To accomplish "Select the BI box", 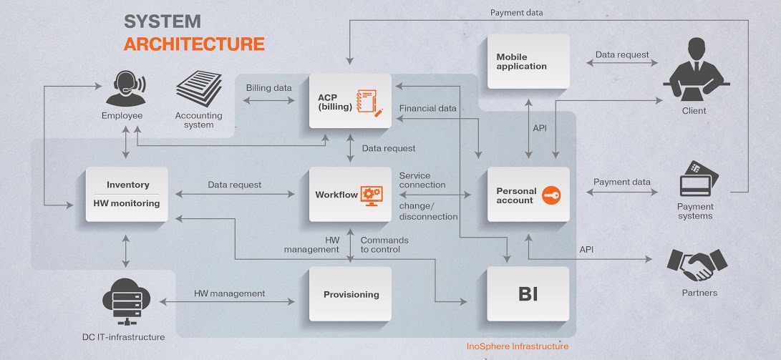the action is (528, 293).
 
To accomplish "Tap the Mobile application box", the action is (528, 62).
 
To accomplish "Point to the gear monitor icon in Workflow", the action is (371, 195).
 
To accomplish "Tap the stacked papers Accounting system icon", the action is (199, 89).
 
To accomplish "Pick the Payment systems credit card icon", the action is (699, 178).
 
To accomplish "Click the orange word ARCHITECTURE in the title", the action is (194, 44).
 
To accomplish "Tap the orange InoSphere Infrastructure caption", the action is (517, 346).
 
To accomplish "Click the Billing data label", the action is (269, 88).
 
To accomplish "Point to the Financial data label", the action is (428, 108).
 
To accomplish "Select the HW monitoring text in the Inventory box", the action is (126, 203).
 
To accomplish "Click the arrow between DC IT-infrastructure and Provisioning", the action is (228, 301).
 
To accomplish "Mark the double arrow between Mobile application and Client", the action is (622, 63).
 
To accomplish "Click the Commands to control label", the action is (384, 245).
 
